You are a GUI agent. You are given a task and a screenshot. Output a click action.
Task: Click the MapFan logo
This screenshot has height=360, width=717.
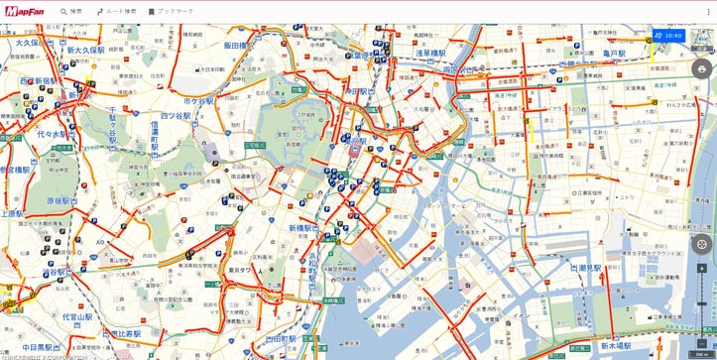point(24,11)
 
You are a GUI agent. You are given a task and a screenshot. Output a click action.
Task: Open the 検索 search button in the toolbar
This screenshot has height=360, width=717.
point(70,11)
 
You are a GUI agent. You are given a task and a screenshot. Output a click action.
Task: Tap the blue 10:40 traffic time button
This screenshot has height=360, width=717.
point(669,35)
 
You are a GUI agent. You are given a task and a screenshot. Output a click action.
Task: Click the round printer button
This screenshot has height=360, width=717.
point(702,68)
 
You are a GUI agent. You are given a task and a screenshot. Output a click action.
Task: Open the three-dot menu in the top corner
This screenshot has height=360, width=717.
point(707,11)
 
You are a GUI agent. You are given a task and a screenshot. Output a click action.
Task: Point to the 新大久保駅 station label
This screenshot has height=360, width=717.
point(85,49)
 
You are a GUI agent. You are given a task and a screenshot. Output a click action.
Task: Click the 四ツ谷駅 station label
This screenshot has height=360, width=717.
point(175,116)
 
